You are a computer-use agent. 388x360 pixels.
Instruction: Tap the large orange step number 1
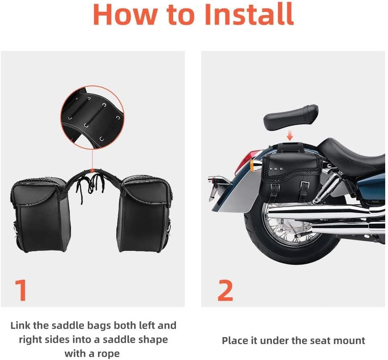(20, 290)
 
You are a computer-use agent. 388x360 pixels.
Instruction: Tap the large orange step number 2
(225, 290)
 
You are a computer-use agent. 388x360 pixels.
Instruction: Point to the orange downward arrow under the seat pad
(290, 136)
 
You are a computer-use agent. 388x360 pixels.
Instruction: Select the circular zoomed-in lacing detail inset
(92, 118)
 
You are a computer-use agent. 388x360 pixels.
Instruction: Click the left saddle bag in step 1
(41, 215)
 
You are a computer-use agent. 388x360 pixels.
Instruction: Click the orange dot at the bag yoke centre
(92, 170)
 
